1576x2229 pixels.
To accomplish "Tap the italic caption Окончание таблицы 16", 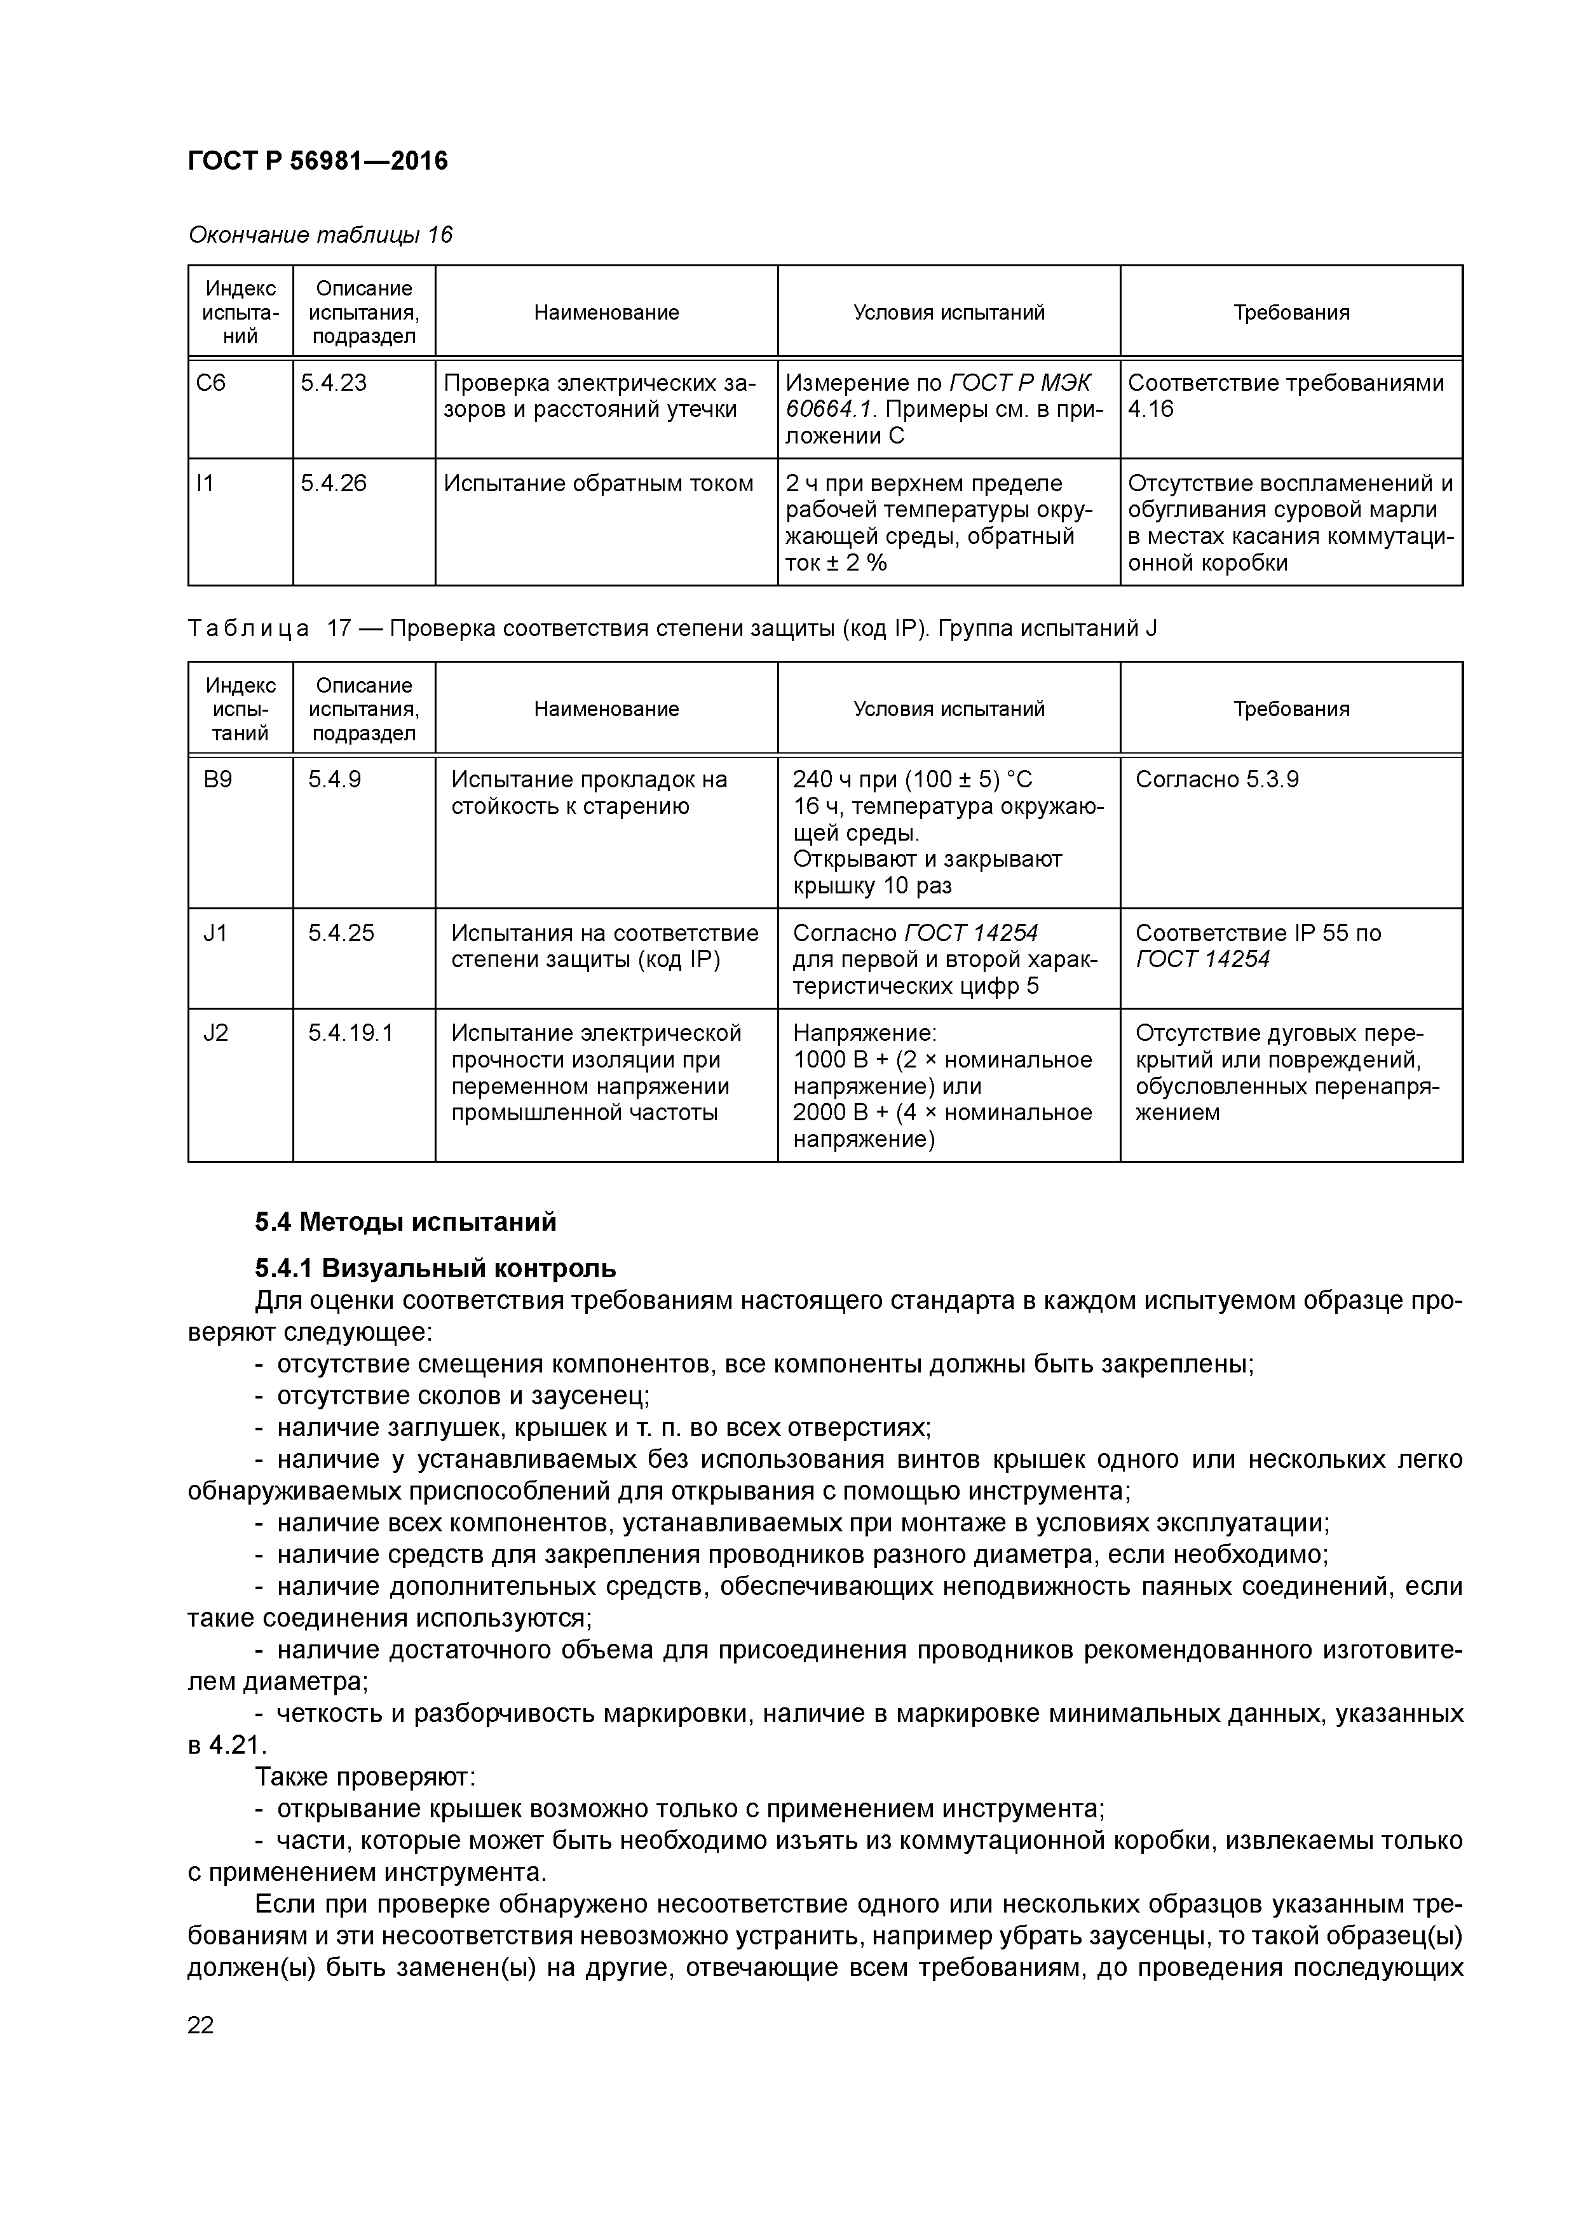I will pos(320,235).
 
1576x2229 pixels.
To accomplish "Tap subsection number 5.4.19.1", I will pos(351,1033).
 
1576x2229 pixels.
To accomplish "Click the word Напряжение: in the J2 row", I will pos(864,1033).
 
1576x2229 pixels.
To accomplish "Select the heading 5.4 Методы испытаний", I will pos(406,1221).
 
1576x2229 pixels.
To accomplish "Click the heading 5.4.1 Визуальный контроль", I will pos(435,1268).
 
